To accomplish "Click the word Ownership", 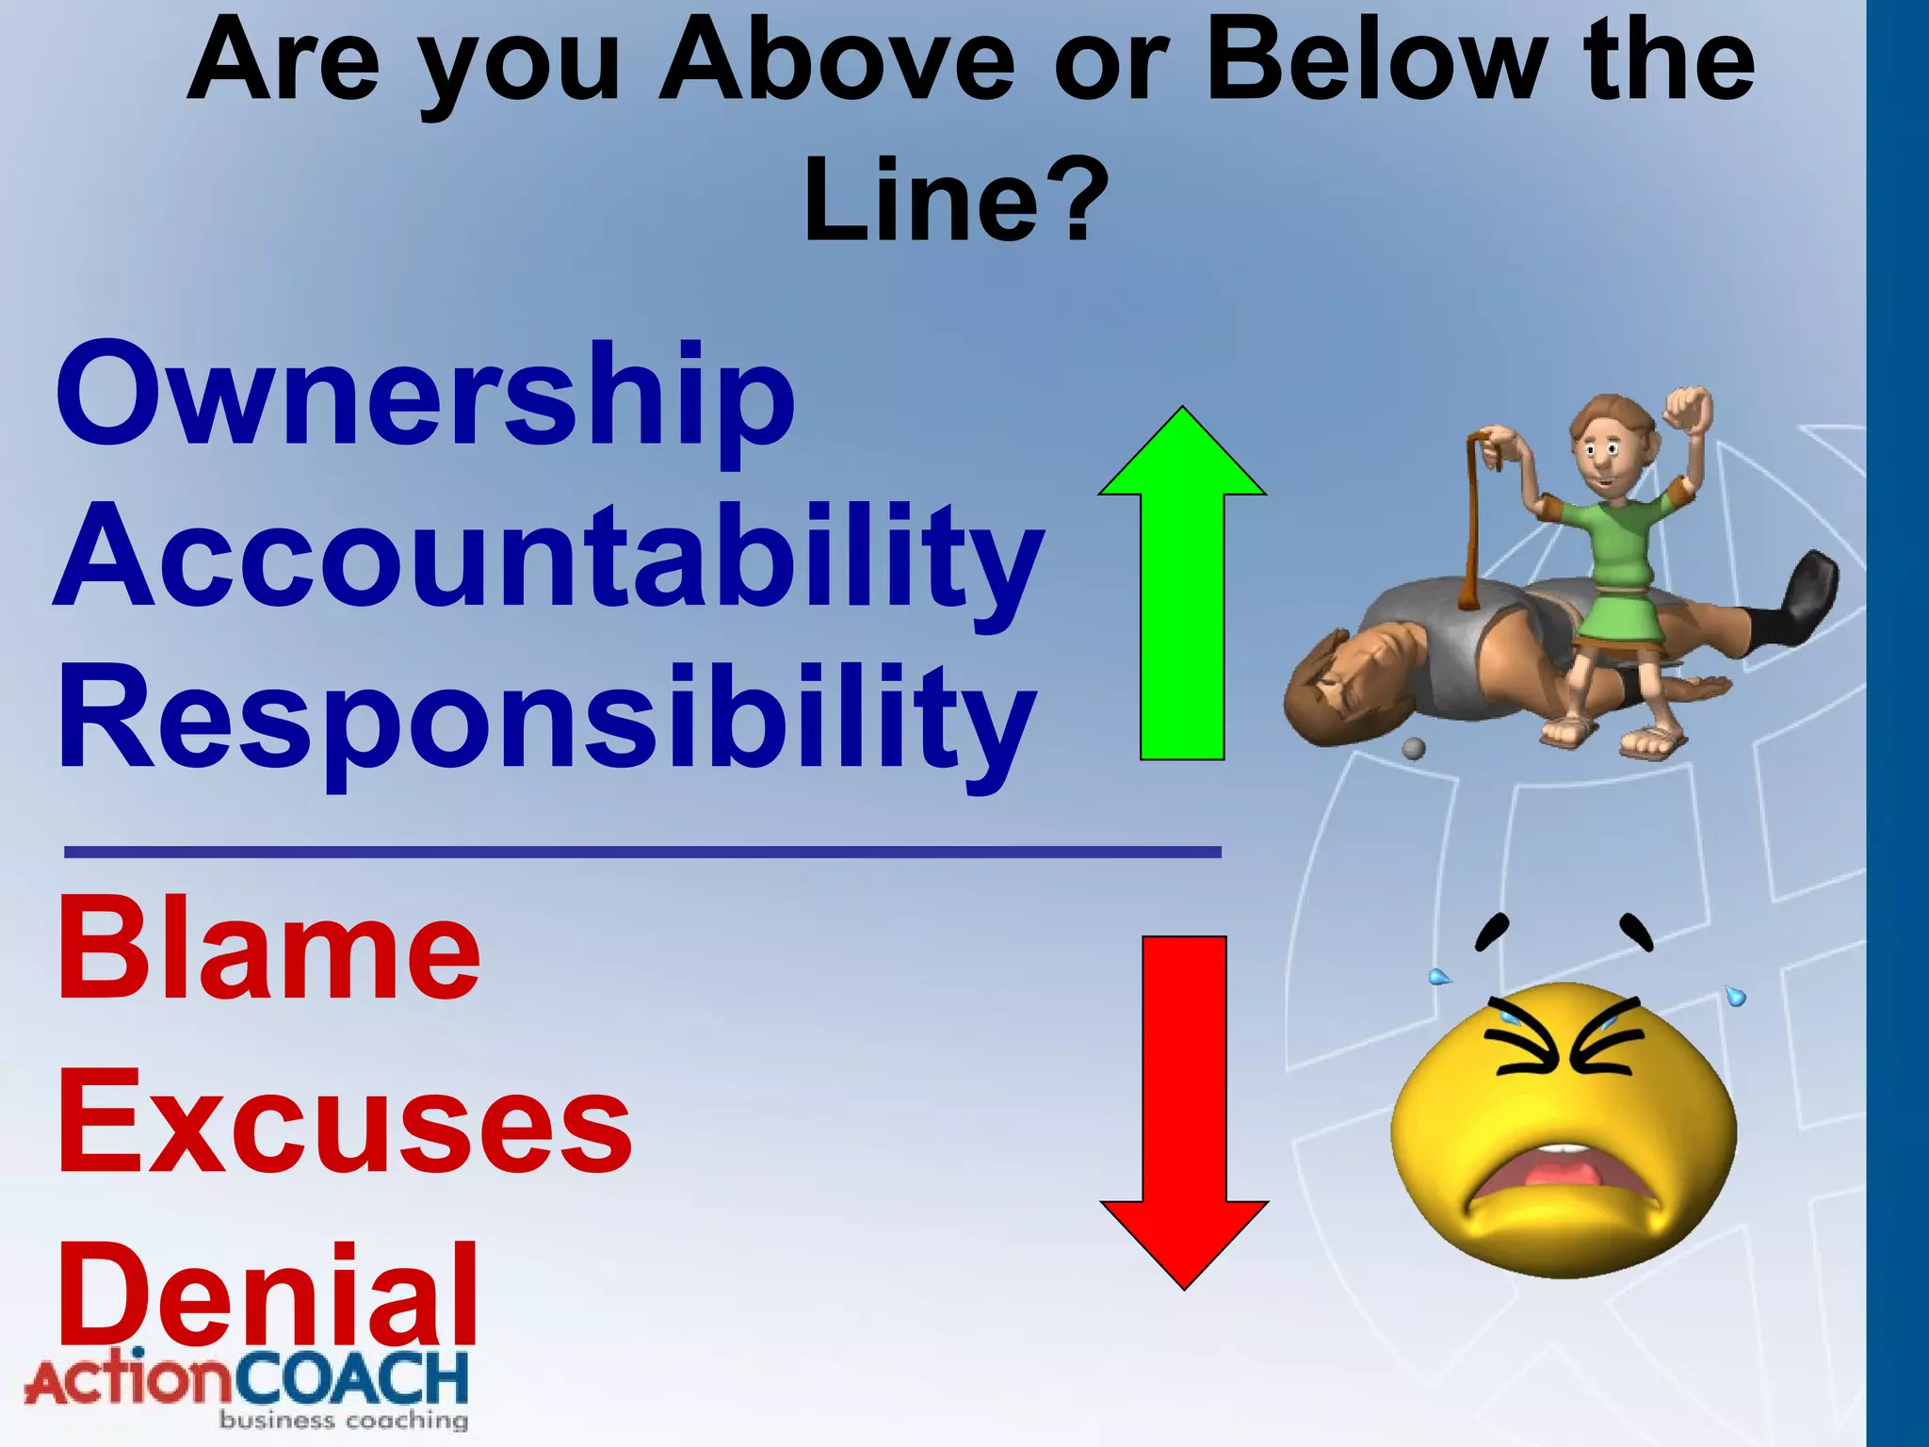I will [426, 396].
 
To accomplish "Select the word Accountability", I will [548, 558].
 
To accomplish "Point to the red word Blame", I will [269, 950].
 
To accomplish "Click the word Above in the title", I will [837, 61].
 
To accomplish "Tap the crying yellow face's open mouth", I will [1564, 1178].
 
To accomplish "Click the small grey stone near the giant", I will [1413, 749].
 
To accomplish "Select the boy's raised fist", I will [1688, 410].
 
